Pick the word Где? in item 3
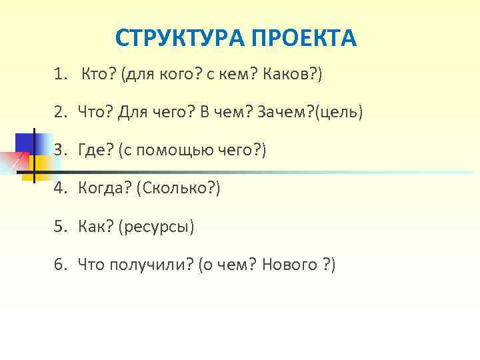[95, 150]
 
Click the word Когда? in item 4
[103, 189]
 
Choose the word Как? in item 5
[95, 227]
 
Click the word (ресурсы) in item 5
[156, 227]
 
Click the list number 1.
[61, 74]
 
